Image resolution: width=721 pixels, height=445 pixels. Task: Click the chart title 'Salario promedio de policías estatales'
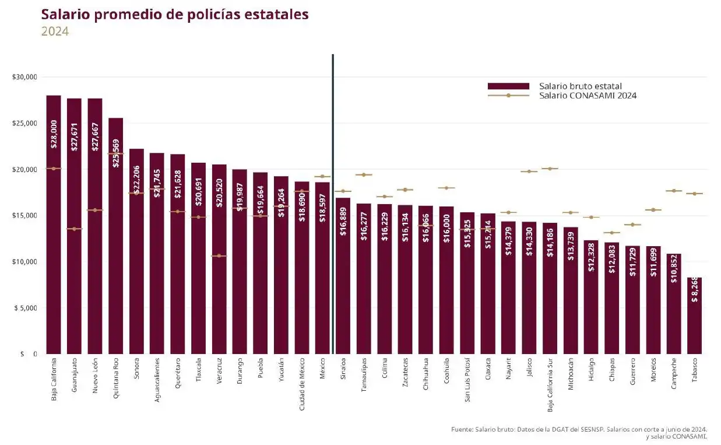pos(175,15)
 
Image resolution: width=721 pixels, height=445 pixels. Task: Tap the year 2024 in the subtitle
pos(55,31)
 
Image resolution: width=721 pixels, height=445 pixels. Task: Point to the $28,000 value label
pos(54,137)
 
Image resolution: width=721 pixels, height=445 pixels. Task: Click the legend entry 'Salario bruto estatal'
pos(581,86)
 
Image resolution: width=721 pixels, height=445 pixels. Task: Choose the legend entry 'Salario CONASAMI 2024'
pos(588,96)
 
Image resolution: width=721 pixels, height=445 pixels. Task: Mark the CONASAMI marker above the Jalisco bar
pos(529,171)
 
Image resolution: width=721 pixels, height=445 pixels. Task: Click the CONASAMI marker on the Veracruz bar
pos(219,255)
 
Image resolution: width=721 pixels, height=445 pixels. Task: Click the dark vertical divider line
pos(332,204)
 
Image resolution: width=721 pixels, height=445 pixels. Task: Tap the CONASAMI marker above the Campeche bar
pos(674,191)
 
